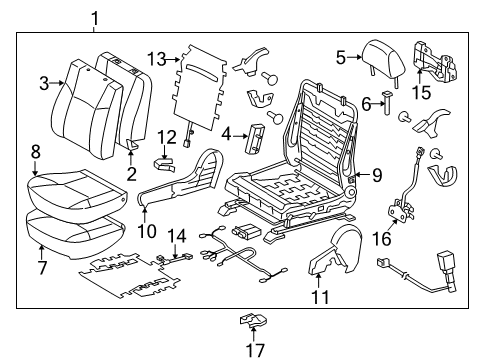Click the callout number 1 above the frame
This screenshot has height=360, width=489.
click(x=96, y=17)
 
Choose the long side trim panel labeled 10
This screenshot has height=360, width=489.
click(x=180, y=185)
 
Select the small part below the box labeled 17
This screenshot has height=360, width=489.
click(x=252, y=322)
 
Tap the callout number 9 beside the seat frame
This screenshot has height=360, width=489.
click(x=377, y=175)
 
